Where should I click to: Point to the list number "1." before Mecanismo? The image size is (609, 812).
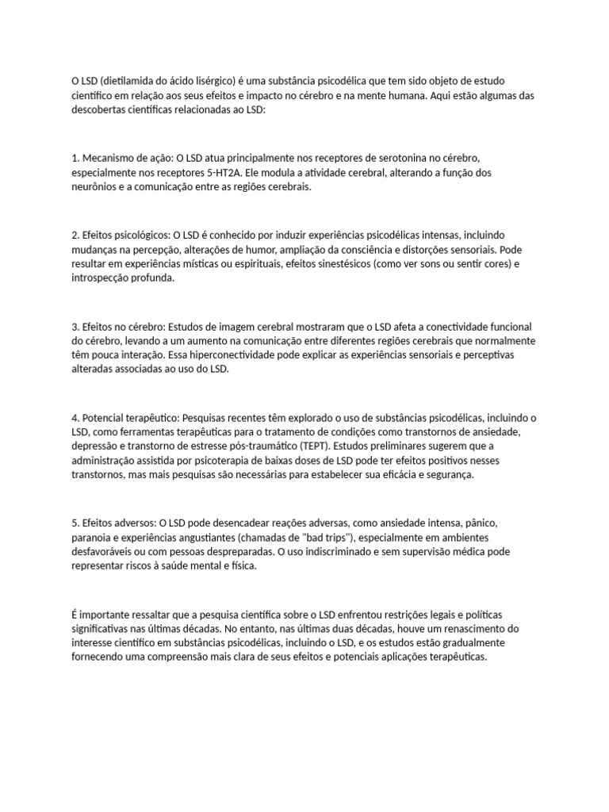click(75, 158)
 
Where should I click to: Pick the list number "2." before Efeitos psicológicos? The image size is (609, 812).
click(75, 235)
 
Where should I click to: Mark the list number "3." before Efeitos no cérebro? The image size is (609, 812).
click(75, 326)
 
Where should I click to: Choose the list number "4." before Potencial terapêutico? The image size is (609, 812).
click(75, 417)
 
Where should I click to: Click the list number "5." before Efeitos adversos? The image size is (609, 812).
click(75, 523)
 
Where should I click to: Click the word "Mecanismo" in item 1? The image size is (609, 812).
click(111, 158)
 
